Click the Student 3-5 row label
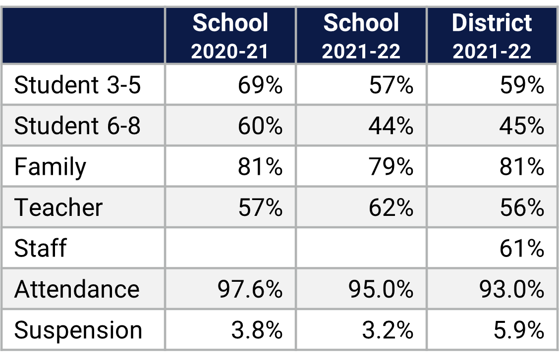point(78,85)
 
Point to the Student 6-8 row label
point(78,126)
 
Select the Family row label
point(50,167)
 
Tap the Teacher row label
point(58,207)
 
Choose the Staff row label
point(40,248)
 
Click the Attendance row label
point(77,289)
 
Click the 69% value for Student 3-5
point(260,85)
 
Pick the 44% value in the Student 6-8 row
point(391,126)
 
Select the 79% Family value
point(391,167)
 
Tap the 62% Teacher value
point(391,207)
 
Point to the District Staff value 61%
point(522,248)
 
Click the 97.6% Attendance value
point(250,289)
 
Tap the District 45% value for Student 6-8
point(522,126)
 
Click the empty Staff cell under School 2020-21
point(230,248)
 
